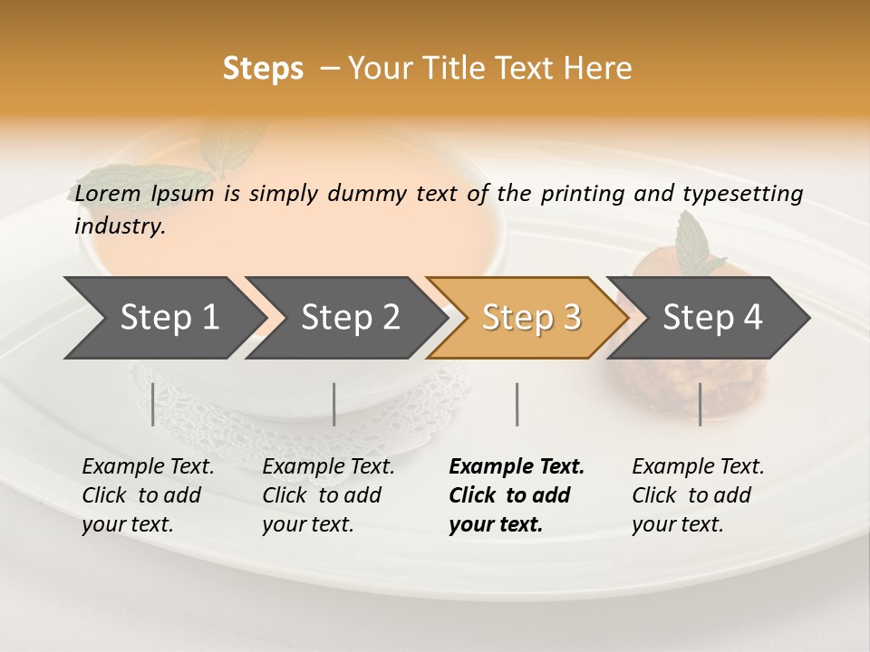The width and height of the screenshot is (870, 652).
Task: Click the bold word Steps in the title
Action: pos(263,69)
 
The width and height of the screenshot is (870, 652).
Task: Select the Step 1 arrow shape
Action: pos(163,318)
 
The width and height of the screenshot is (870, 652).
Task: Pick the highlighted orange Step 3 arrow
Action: pos(530,318)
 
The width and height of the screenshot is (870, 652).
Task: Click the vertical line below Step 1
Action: pos(152,404)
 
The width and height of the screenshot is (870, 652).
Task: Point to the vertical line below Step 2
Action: pos(334,404)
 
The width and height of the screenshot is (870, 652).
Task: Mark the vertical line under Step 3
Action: pos(517,404)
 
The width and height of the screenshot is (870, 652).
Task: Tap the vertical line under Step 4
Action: pos(700,404)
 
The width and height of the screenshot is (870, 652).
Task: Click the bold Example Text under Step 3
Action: pos(517,467)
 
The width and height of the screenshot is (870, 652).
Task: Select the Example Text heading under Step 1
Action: pos(148,467)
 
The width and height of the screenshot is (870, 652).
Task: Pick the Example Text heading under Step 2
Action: pos(328,467)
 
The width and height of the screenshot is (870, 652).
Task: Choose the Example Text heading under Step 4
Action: pos(698,467)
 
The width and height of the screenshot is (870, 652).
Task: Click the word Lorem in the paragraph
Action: pos(108,194)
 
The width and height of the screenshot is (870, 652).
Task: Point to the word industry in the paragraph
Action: pos(119,226)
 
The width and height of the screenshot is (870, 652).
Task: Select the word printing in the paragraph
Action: pos(582,194)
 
